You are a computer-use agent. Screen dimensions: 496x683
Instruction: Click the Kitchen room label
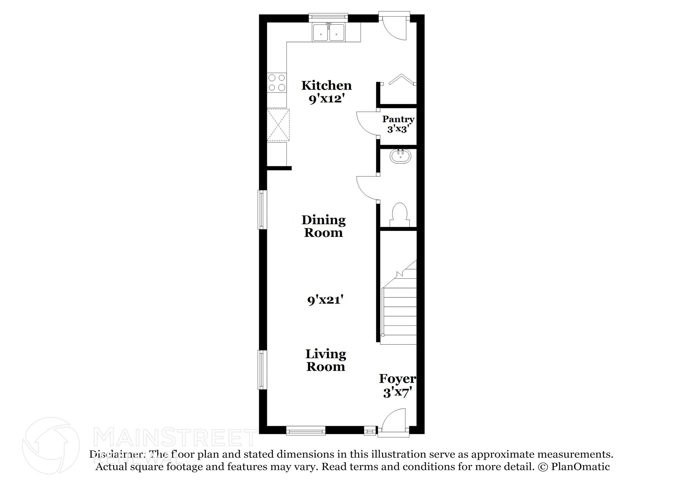point(326,86)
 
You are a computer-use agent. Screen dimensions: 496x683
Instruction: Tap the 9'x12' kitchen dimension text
point(326,99)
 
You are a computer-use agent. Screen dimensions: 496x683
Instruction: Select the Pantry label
point(398,119)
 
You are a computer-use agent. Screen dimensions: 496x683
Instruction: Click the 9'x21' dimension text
point(325,300)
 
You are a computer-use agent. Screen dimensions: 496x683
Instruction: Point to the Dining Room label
point(323,226)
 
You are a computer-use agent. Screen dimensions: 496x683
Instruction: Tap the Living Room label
point(326,360)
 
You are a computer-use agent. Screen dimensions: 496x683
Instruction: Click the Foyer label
point(397,379)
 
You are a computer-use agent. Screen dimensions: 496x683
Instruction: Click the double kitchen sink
point(329,33)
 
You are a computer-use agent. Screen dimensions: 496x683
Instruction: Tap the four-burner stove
point(277,83)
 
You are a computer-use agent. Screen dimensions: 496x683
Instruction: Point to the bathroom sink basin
point(400,156)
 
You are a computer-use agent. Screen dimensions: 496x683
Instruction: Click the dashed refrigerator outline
point(278,125)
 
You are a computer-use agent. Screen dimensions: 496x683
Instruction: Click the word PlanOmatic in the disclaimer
point(580,467)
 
